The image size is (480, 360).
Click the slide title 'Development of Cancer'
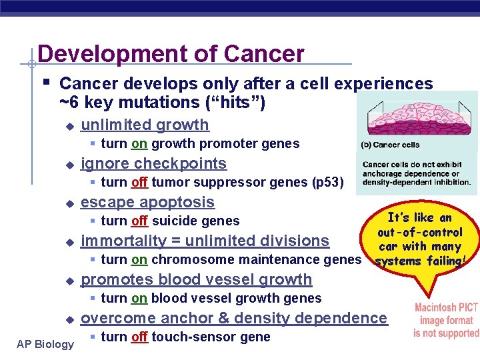coord(171,54)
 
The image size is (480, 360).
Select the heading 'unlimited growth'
coord(145,125)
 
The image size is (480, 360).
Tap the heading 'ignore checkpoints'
coord(153,163)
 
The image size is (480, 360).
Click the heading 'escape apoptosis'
coord(147,202)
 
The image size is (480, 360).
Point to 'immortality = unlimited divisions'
coord(205,241)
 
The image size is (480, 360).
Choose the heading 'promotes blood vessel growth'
coord(196,279)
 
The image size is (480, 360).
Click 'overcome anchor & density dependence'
coord(233,318)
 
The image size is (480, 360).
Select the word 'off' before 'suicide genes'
coord(139,221)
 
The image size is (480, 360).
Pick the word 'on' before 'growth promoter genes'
coord(139,143)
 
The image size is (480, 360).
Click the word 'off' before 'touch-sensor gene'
coord(139,337)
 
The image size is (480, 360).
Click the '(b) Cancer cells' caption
coord(390,145)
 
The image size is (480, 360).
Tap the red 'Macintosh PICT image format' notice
coord(446,320)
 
